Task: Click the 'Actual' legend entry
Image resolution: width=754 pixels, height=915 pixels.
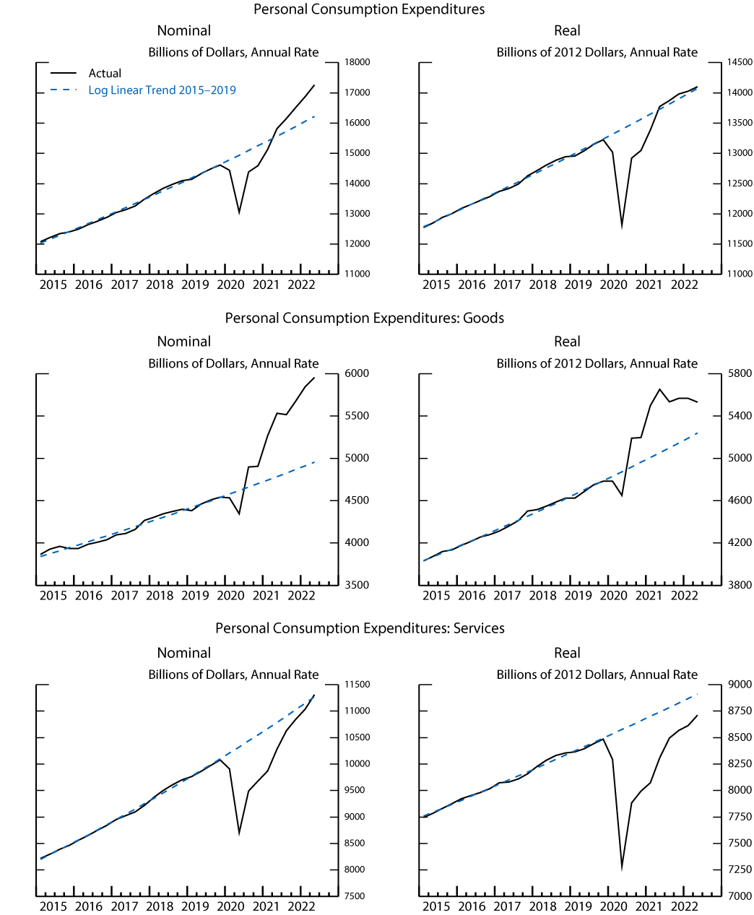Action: (x=105, y=74)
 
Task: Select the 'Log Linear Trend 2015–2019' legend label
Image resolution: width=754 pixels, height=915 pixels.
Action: (x=162, y=90)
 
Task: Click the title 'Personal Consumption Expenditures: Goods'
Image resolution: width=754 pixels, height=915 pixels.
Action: (x=364, y=318)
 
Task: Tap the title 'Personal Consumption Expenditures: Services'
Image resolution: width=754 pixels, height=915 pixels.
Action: (x=360, y=628)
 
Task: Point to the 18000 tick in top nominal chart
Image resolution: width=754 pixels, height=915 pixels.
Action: (x=357, y=62)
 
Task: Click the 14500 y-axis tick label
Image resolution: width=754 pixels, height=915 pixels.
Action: (x=740, y=62)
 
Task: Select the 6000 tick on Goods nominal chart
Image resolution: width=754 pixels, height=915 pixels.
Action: (x=357, y=373)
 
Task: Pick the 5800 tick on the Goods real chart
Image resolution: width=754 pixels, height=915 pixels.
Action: (x=740, y=373)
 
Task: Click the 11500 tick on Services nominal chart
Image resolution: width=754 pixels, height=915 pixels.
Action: (x=357, y=685)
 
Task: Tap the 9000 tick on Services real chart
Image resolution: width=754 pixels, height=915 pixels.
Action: (x=740, y=685)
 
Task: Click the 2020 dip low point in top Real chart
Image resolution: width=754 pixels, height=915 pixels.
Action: (x=622, y=226)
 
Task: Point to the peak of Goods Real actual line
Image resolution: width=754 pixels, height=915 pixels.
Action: (x=659, y=389)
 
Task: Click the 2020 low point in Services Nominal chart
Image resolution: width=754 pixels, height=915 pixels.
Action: (x=239, y=833)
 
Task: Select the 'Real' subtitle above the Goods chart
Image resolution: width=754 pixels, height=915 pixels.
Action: (x=567, y=342)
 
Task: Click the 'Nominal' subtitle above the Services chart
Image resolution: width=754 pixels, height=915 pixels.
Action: (x=184, y=653)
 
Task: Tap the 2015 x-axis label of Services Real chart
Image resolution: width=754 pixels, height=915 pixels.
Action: (x=436, y=906)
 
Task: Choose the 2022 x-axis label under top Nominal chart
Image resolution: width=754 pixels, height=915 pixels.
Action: (x=301, y=285)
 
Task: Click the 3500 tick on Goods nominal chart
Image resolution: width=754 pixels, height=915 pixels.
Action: (x=357, y=585)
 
